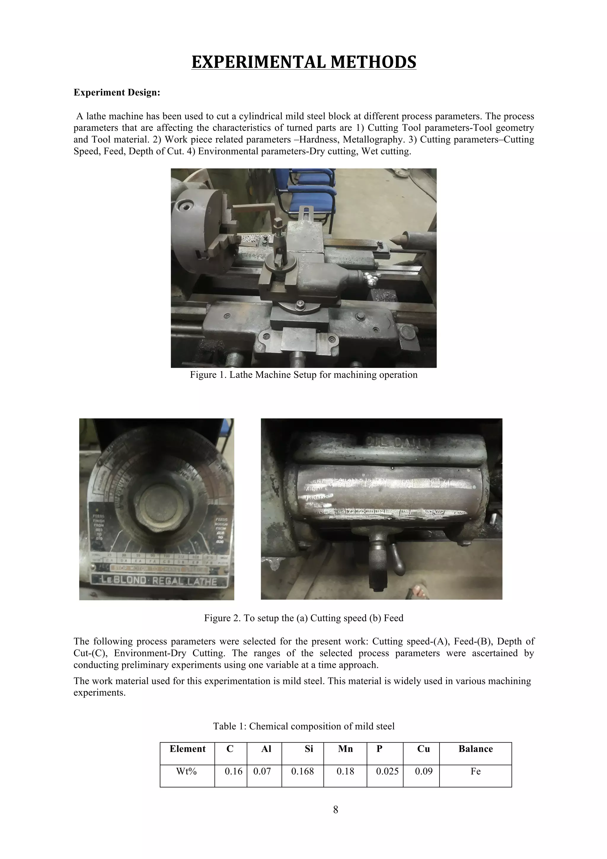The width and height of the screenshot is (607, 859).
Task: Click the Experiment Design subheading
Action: click(117, 92)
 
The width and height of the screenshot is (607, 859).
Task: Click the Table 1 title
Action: click(303, 726)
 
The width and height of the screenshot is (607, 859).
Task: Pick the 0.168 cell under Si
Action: click(302, 771)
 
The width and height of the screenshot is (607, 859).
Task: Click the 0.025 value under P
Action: click(387, 771)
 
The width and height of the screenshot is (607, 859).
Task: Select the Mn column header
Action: click(345, 749)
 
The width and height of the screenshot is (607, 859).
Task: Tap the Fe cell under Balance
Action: click(475, 771)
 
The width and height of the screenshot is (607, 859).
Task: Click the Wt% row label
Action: click(187, 771)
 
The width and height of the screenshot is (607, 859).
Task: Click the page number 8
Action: click(336, 809)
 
